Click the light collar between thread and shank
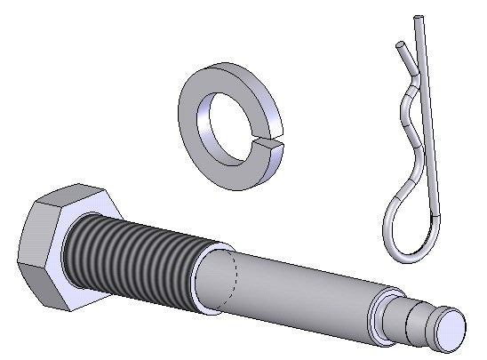(x=206, y=280)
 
